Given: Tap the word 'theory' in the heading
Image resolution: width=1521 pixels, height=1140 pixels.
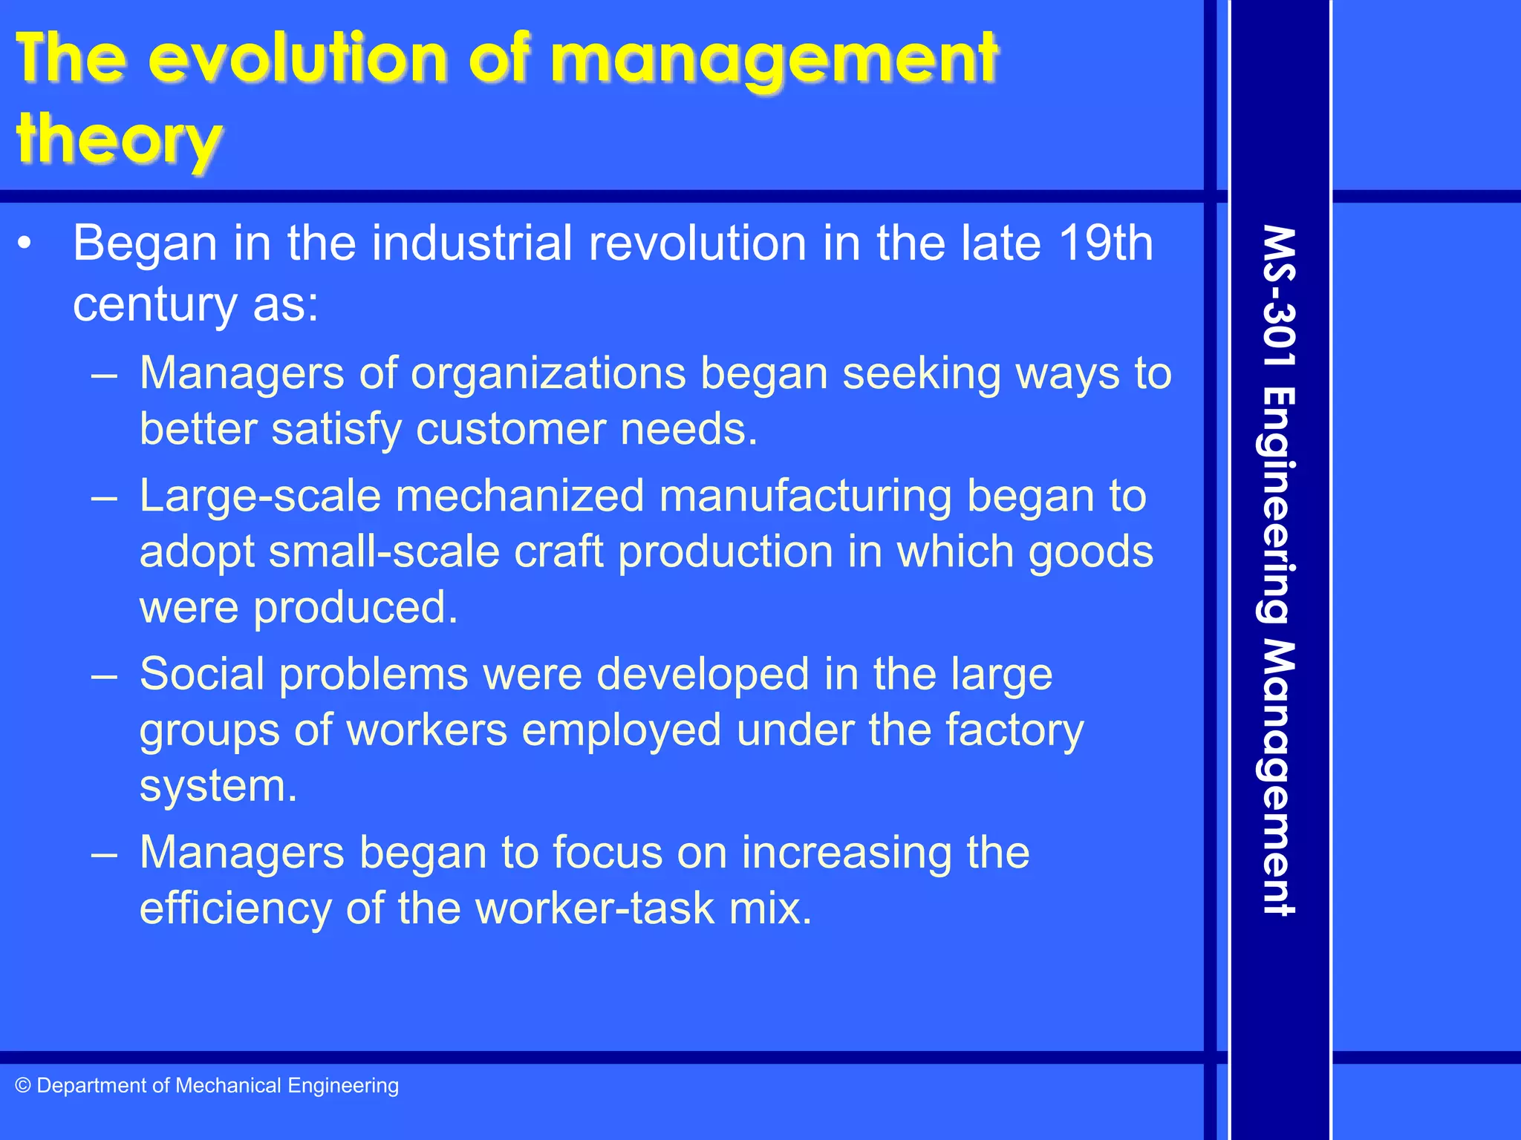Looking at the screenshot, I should coord(119,140).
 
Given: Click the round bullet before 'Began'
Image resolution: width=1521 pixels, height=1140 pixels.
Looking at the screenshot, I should coord(25,244).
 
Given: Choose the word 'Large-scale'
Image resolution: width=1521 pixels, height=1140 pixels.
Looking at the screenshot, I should coord(260,496).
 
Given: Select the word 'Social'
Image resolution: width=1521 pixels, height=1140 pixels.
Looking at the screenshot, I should coord(202,675).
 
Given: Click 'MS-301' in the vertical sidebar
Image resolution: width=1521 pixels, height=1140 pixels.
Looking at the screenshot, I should coord(1279,297).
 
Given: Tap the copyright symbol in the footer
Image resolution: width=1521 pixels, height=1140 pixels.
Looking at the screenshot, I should coord(23,1086).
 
